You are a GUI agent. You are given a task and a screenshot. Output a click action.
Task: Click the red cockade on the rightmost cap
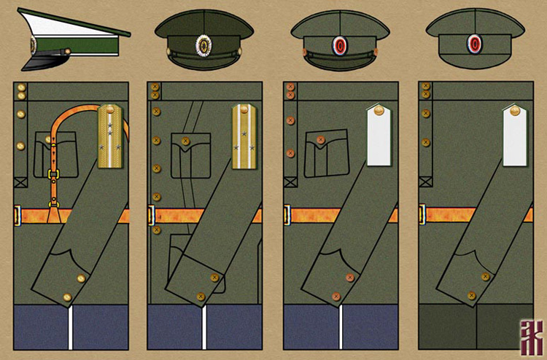tap(476, 43)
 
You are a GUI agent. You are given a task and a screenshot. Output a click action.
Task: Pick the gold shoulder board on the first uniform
tap(110, 136)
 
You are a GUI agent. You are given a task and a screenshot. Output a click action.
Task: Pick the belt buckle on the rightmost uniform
tap(422, 215)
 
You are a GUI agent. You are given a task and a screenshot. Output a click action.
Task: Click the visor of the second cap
tap(204, 63)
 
